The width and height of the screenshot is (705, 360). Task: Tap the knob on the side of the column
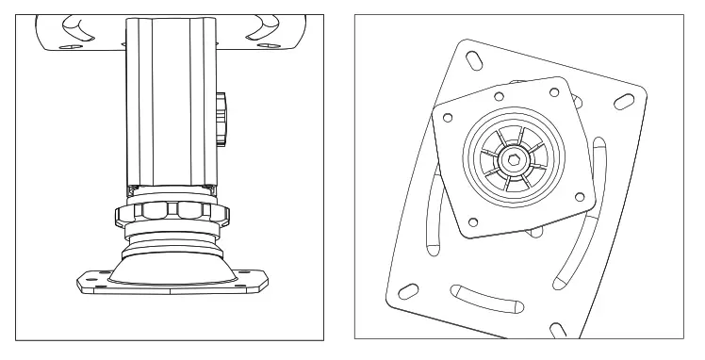click(221, 118)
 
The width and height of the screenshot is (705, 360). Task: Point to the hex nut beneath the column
click(171, 208)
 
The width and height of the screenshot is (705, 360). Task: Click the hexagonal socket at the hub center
click(514, 159)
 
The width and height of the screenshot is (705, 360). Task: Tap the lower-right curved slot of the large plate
click(575, 254)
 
